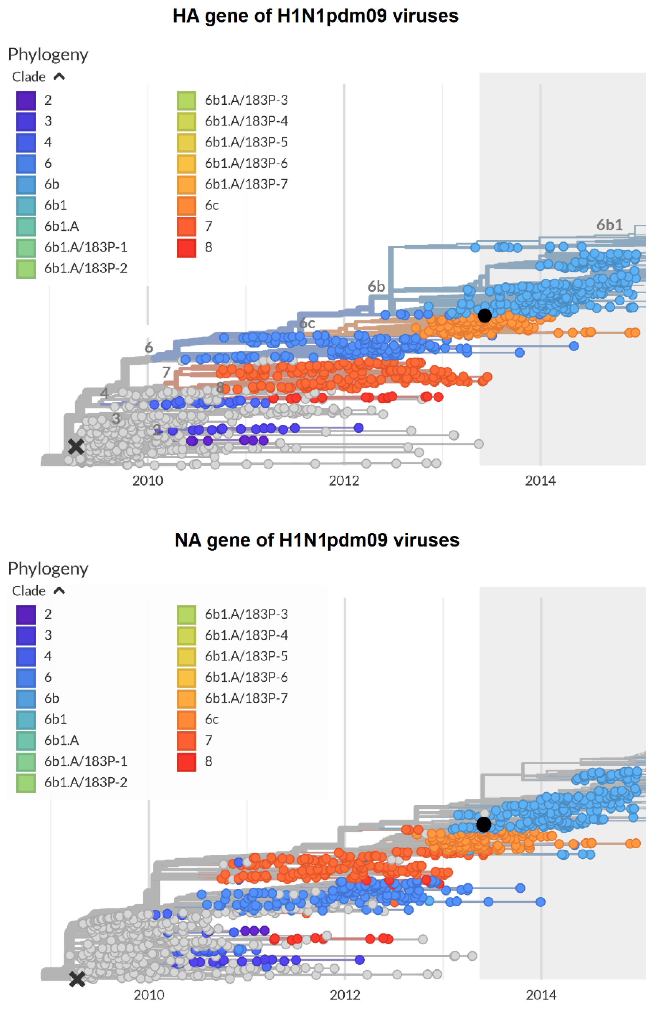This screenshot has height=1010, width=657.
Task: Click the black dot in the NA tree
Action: pos(483,824)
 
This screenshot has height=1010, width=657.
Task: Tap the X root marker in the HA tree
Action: pos(76,446)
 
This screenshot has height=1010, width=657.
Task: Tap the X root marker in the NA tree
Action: pos(77,979)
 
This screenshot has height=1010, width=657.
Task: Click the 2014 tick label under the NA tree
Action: pos(541,994)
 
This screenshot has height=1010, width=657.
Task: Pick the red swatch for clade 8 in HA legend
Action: pos(187,248)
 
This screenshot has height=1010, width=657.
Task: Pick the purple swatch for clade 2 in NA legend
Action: pos(26,614)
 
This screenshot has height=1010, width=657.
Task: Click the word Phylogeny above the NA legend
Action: pos(48,569)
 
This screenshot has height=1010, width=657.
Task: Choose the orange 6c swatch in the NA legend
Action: pos(187,719)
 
